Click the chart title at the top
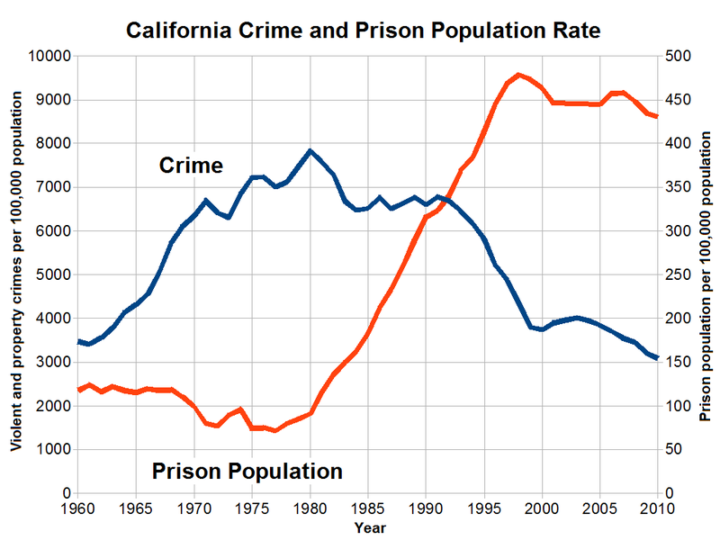(362, 31)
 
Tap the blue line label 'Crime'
(191, 165)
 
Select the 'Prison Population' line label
(247, 471)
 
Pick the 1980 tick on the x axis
(310, 509)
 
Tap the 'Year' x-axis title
(370, 527)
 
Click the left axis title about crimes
(16, 274)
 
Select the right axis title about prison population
(705, 274)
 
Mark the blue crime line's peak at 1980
(310, 151)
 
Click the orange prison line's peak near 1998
(519, 75)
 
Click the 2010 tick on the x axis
(657, 509)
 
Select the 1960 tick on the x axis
(77, 509)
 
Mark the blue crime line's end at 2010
(658, 358)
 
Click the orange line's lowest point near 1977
(275, 431)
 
